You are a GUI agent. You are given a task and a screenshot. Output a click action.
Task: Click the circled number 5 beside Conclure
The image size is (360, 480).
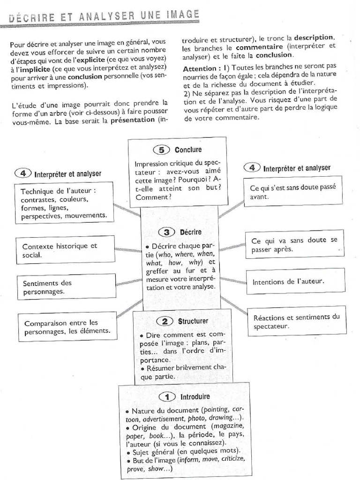pos(162,150)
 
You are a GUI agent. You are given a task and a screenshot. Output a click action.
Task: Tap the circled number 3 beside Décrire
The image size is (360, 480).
pos(167,232)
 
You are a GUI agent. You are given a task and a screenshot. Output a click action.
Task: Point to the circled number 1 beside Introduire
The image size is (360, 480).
pos(167,397)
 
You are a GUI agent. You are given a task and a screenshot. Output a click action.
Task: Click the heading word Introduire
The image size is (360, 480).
pos(195,397)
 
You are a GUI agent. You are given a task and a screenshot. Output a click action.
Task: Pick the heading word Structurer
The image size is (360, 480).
pos(193,321)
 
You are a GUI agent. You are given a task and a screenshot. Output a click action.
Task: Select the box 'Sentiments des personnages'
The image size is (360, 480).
pos(66,287)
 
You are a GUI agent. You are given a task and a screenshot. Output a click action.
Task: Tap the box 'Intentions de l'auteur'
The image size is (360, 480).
pos(295,282)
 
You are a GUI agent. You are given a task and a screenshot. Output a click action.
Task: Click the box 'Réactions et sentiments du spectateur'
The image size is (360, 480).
pos(296,321)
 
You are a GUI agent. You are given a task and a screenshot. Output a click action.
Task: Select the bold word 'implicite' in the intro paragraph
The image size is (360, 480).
pos(30,68)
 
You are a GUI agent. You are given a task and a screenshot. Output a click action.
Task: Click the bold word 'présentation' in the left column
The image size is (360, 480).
pos(133,120)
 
